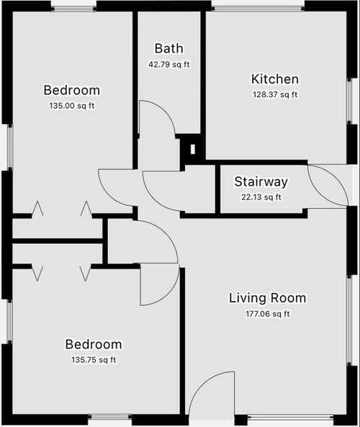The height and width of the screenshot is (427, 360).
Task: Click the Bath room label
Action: click(x=168, y=48)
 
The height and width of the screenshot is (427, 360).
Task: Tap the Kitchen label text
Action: click(x=275, y=79)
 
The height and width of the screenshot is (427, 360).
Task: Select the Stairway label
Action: click(x=261, y=182)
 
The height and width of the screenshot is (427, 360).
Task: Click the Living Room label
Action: click(x=267, y=298)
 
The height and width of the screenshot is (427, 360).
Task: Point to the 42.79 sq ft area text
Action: click(x=168, y=65)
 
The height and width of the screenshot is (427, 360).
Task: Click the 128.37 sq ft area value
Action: click(x=275, y=95)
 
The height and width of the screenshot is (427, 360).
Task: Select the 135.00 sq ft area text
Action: click(x=72, y=106)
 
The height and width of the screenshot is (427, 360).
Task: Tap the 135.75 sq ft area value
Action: click(x=94, y=360)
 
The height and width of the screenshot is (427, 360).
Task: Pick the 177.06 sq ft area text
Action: click(x=267, y=314)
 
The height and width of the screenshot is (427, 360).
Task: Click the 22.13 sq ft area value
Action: click(x=261, y=197)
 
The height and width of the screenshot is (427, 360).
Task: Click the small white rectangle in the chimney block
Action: click(x=193, y=149)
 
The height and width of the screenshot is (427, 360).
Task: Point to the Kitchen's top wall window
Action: click(x=258, y=9)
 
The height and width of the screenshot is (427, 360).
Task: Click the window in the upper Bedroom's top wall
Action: click(x=73, y=9)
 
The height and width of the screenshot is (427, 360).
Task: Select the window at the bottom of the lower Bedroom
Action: click(x=110, y=417)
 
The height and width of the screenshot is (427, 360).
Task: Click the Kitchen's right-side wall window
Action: click(x=349, y=101)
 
